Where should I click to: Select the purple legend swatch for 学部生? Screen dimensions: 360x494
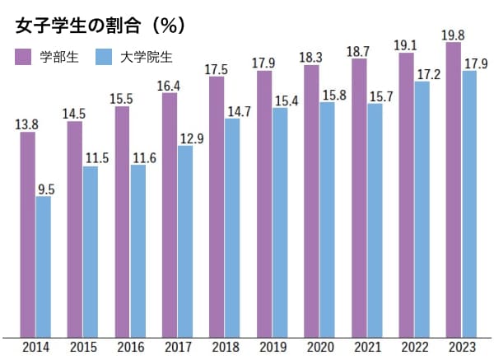(23, 57)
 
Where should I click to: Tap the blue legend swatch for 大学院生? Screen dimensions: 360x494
(102, 57)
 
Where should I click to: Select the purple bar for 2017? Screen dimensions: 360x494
(170, 214)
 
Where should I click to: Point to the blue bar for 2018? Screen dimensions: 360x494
(232, 227)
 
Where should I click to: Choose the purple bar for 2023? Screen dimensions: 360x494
(453, 189)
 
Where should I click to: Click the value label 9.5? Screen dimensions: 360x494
(47, 189)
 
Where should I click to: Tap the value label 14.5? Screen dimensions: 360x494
(75, 114)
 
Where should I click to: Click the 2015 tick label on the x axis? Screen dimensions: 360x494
(82, 347)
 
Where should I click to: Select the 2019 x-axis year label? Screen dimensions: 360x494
(272, 347)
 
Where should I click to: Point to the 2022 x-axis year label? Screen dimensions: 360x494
(414, 347)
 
